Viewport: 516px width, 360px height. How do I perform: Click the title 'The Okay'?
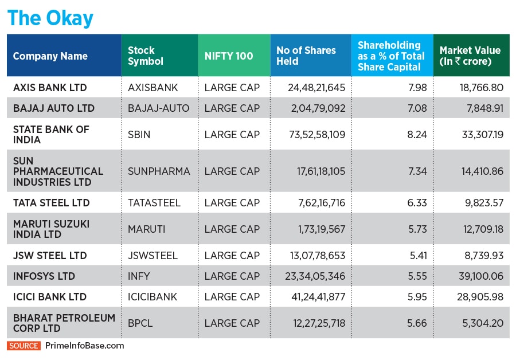(x=50, y=18)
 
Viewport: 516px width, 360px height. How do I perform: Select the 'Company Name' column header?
(x=50, y=56)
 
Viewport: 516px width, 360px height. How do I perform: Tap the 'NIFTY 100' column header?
(x=229, y=56)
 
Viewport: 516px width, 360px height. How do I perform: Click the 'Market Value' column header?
(x=470, y=56)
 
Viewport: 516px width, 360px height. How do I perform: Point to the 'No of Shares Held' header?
(x=306, y=56)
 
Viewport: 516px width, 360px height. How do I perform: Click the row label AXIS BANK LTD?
(x=50, y=88)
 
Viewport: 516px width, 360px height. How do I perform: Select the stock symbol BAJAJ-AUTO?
(x=158, y=108)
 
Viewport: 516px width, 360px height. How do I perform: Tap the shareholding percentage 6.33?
(x=417, y=203)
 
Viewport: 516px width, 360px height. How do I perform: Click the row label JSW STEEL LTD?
(x=50, y=256)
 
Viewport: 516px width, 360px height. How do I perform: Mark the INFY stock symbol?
(x=139, y=276)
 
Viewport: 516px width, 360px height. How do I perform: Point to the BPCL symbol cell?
(x=140, y=323)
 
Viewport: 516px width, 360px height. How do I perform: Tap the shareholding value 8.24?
(x=417, y=135)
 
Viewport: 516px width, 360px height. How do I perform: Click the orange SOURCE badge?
(x=24, y=346)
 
